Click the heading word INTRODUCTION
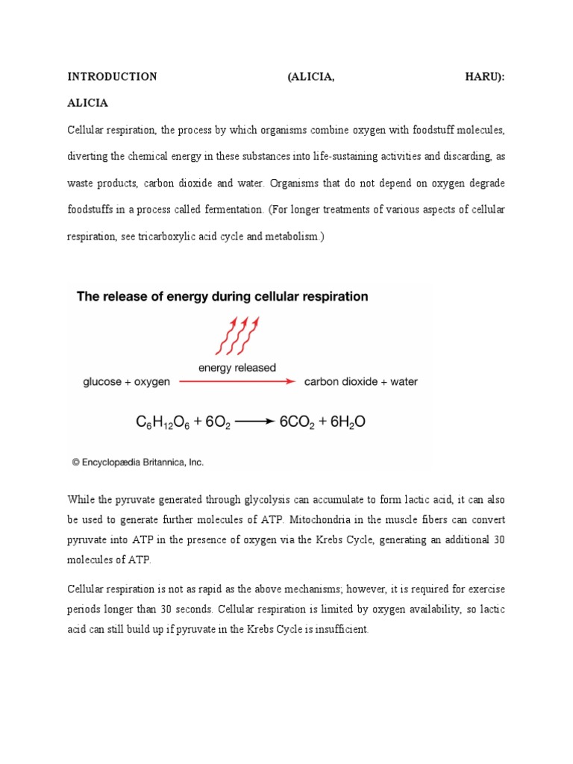pos(112,77)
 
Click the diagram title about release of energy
pos(222,296)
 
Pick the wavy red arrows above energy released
pos(237,335)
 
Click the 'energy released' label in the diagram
pos(237,367)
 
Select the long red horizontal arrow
pos(237,381)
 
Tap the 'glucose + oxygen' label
pos(126,382)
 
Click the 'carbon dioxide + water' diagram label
pos(361,382)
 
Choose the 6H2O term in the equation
pos(343,423)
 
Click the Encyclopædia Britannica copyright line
pos(138,463)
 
